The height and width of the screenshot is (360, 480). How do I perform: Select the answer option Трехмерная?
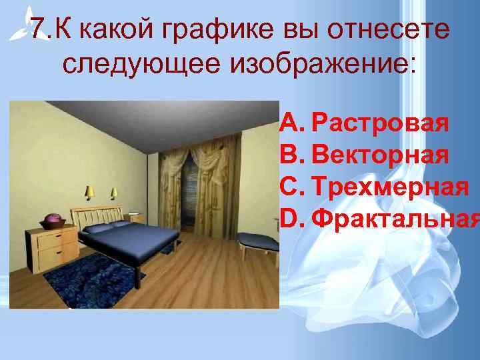pyautogui.click(x=389, y=186)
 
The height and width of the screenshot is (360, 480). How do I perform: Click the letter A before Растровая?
pyautogui.click(x=291, y=124)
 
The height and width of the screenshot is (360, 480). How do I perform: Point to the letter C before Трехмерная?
pyautogui.click(x=291, y=186)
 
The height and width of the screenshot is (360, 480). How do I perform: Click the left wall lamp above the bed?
pyautogui.click(x=89, y=193)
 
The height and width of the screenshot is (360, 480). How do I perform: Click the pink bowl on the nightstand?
pyautogui.click(x=52, y=220)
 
